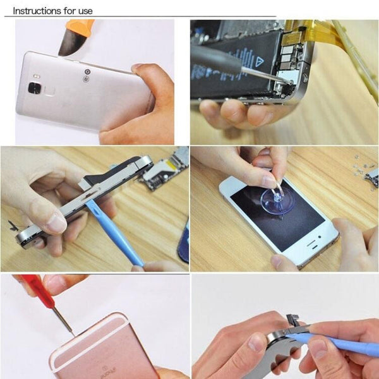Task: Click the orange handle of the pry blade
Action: coord(81,27)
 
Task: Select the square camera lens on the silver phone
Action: coord(34,88)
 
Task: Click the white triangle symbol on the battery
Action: coord(260,61)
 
